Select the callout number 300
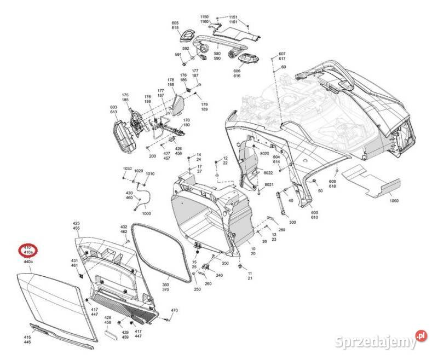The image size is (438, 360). point(292,223)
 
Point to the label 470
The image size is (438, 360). point(175,311)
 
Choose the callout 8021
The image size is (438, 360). point(268,186)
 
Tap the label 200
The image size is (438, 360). point(152,156)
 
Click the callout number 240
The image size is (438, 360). point(219,275)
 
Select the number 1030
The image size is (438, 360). point(127,169)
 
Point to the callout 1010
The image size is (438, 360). point(150,174)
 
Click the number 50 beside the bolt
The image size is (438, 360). point(320,191)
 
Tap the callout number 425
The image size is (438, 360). point(76,224)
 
